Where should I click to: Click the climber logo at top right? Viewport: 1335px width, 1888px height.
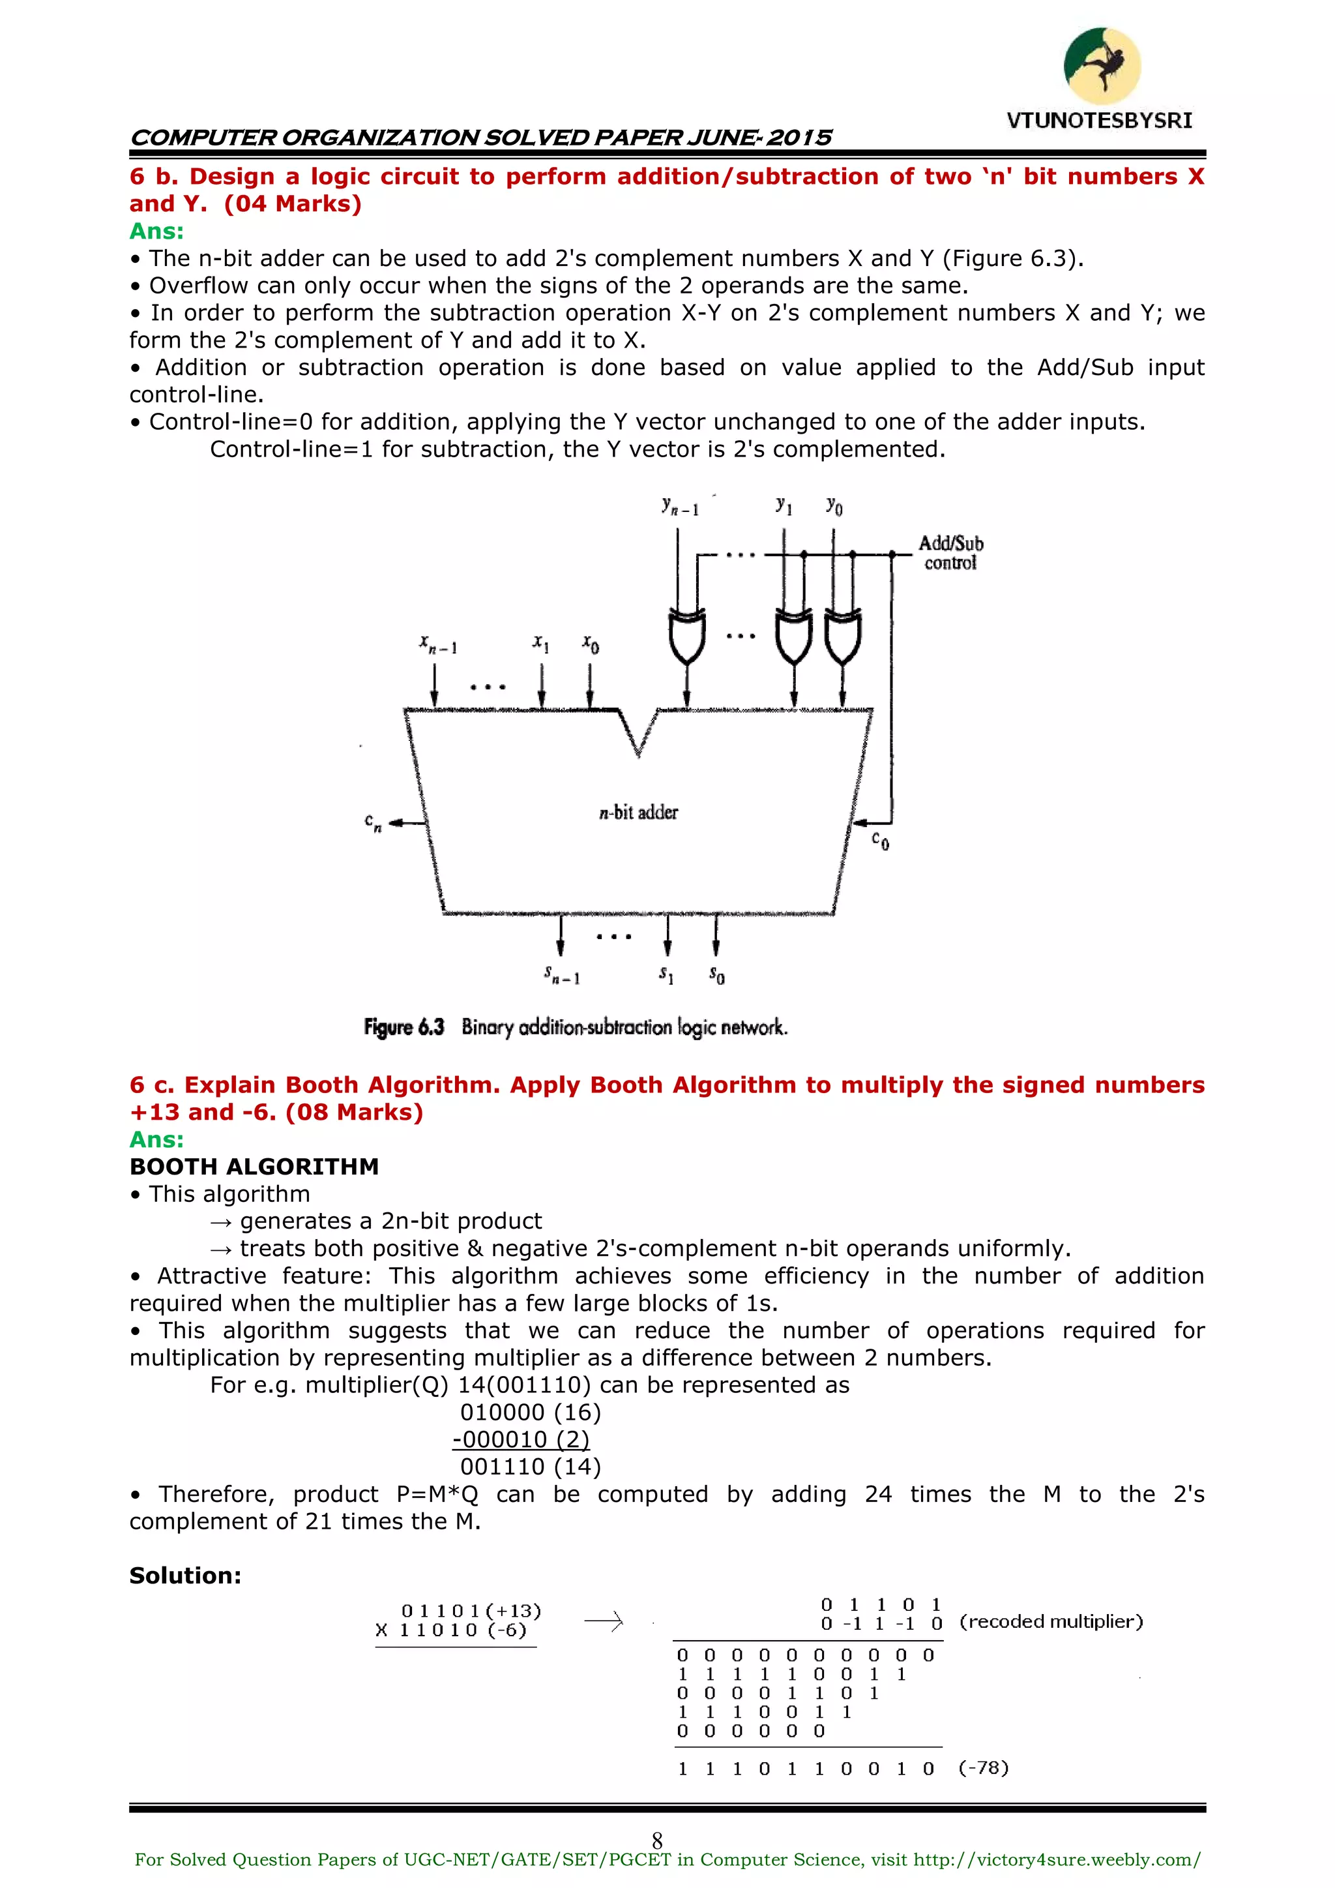tap(1102, 66)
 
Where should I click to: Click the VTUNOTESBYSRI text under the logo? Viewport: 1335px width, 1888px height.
tap(1099, 121)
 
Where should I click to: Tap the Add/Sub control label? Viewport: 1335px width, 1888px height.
tap(950, 552)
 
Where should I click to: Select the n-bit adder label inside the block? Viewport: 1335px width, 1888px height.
tap(638, 813)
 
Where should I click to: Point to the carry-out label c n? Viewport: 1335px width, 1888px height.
tap(374, 822)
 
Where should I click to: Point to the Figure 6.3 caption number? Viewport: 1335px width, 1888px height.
tap(404, 1027)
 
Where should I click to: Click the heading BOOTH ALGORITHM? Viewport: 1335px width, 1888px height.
tap(254, 1166)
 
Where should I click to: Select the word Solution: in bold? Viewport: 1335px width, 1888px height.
tap(185, 1576)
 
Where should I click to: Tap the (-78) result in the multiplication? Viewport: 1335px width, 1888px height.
tap(983, 1768)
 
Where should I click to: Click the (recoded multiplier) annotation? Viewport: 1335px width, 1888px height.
tap(1051, 1621)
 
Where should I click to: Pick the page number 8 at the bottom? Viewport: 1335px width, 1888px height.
tap(657, 1840)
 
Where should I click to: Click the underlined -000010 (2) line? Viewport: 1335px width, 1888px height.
tap(521, 1440)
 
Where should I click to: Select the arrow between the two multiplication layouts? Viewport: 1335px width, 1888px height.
tap(604, 1621)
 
